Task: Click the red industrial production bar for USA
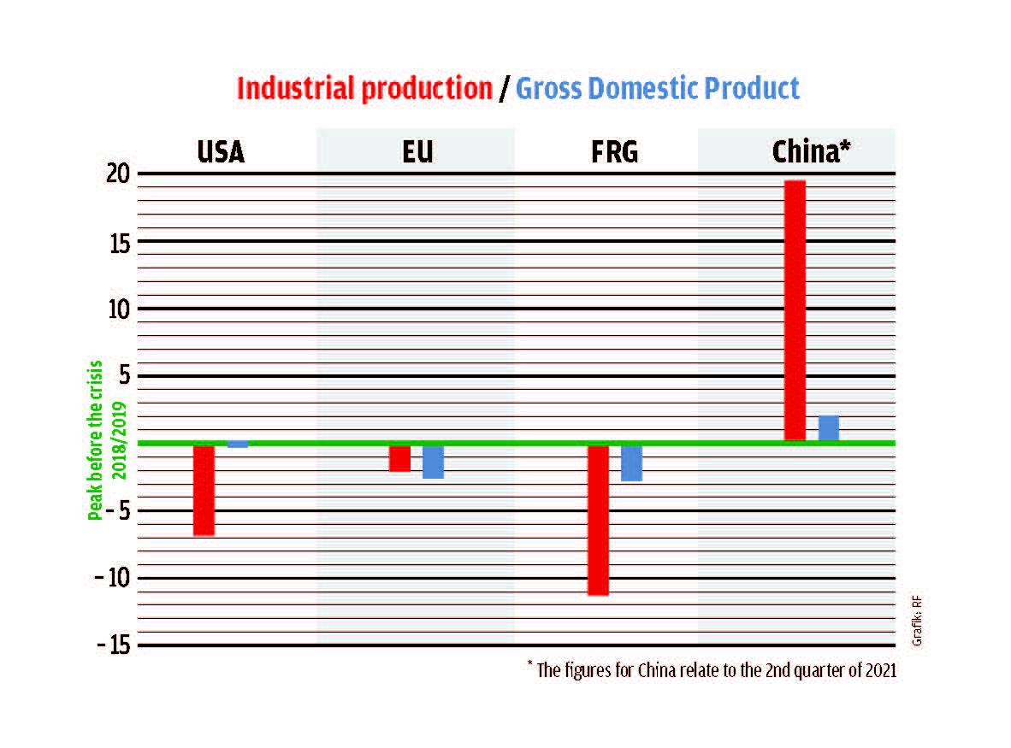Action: click(204, 490)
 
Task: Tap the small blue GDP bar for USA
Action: click(237, 445)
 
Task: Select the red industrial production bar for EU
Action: click(399, 458)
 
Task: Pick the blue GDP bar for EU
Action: click(433, 462)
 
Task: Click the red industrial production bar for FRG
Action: click(598, 520)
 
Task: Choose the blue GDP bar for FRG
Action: click(631, 463)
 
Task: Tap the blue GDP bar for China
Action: click(828, 428)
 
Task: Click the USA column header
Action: click(221, 153)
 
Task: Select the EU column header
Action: click(417, 153)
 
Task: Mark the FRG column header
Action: click(614, 153)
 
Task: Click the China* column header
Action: click(811, 153)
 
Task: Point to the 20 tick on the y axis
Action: click(117, 174)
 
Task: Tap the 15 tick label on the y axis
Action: click(117, 242)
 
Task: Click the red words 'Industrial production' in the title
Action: click(364, 89)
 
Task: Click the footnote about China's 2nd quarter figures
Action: click(712, 670)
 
